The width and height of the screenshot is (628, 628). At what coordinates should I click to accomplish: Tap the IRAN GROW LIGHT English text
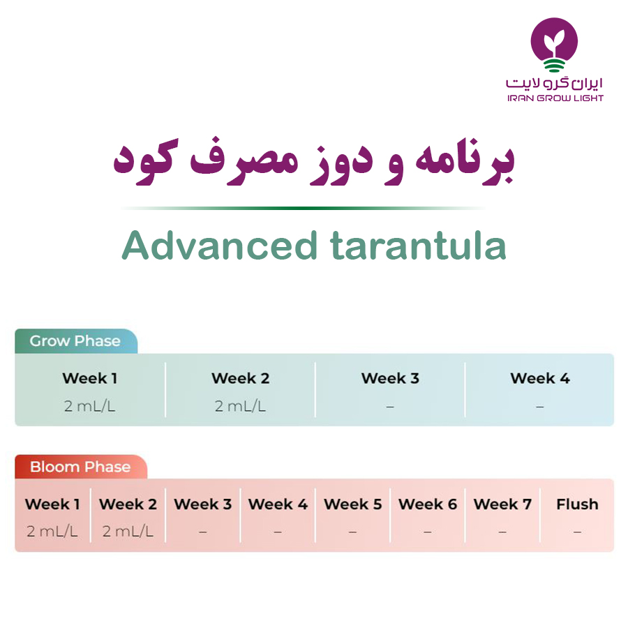tap(555, 98)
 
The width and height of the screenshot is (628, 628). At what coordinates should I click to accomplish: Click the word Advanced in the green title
tap(220, 245)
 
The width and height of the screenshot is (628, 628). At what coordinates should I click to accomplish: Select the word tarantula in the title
tap(418, 245)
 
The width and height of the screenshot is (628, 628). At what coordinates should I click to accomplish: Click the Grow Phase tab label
tap(75, 341)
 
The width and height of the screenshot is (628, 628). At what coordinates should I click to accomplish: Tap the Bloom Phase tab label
tap(80, 467)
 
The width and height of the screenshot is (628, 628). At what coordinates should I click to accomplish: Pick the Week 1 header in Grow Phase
tap(90, 378)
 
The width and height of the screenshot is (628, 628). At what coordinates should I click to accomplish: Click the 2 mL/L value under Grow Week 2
tap(240, 406)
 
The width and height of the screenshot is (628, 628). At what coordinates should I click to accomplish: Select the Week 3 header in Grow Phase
tap(390, 378)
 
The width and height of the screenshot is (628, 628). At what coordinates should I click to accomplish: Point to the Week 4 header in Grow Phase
tap(540, 378)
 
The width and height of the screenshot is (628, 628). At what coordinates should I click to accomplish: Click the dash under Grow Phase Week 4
tap(540, 407)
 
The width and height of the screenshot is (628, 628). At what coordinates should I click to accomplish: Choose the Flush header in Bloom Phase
tap(577, 504)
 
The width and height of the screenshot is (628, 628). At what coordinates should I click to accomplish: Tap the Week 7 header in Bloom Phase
tap(502, 504)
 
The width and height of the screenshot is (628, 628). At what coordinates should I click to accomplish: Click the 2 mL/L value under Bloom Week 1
tap(52, 532)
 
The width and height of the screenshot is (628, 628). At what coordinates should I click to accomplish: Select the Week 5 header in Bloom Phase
tap(353, 504)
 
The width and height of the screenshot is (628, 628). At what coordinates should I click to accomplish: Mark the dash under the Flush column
tap(577, 532)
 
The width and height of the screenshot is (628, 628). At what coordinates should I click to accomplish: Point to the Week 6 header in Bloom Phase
tap(428, 504)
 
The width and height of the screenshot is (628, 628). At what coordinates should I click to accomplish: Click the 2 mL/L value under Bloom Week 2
tap(128, 532)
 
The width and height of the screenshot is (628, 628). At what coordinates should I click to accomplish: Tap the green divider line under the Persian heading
tap(303, 208)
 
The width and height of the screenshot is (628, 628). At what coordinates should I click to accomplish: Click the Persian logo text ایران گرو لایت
tap(554, 82)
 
